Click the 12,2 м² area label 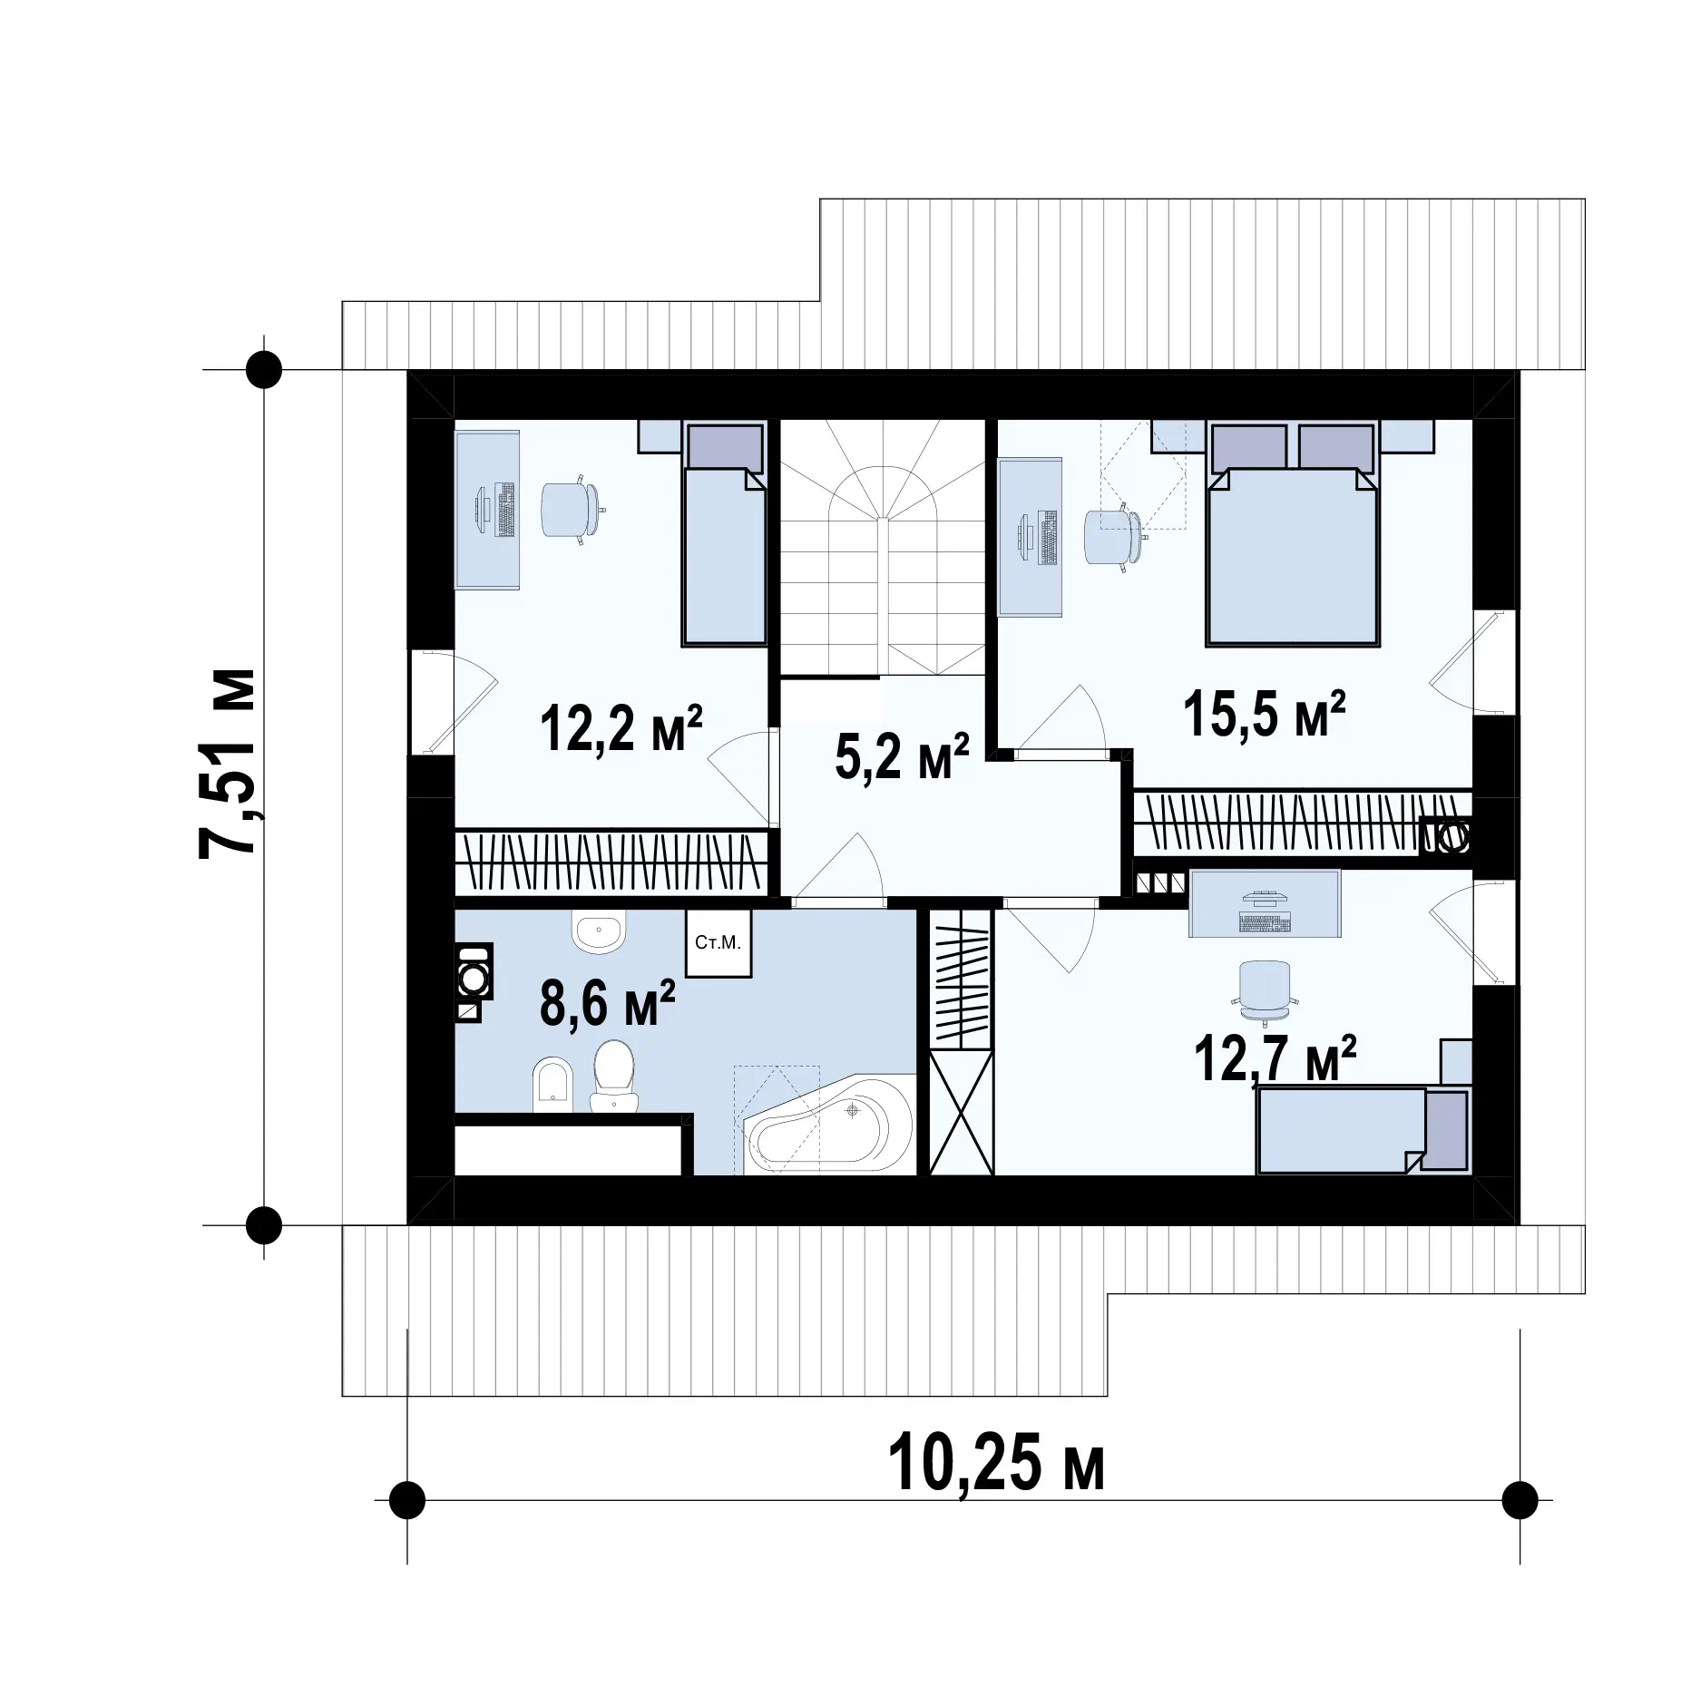tap(621, 729)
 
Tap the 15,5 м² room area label tap(1265, 714)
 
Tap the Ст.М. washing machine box tap(718, 943)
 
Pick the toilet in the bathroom tap(614, 1076)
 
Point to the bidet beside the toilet tap(552, 1083)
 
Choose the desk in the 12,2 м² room tap(487, 511)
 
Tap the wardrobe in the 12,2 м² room tap(611, 861)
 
